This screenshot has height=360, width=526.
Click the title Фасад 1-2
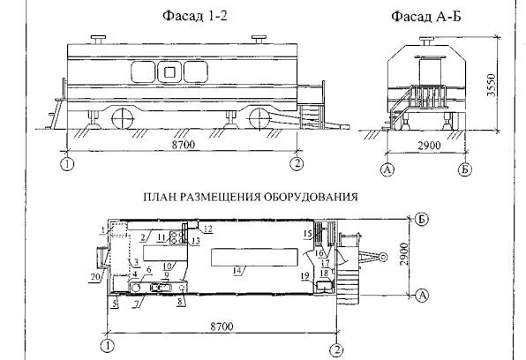tap(195, 15)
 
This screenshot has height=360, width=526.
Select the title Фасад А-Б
tap(426, 16)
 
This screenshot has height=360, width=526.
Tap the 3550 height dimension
tap(491, 86)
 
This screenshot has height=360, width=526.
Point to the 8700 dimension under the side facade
tap(184, 145)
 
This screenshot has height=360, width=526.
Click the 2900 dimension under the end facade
tap(429, 146)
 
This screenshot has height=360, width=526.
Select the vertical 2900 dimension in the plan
tap(404, 254)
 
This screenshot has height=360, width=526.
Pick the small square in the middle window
tap(169, 72)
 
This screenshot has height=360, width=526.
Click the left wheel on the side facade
tap(123, 118)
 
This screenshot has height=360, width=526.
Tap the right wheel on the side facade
tap(260, 118)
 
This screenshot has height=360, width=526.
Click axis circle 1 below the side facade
tap(68, 164)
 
